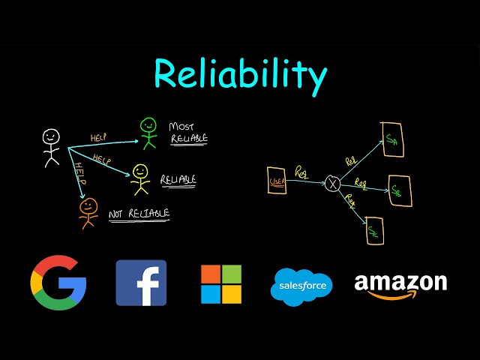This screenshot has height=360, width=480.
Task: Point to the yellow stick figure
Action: [140, 178]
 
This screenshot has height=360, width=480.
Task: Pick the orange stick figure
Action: [88, 211]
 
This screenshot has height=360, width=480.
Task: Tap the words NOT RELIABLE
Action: [139, 214]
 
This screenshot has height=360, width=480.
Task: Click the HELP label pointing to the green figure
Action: [99, 137]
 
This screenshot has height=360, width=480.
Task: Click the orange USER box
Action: [277, 181]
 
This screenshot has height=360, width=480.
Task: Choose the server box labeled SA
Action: [393, 139]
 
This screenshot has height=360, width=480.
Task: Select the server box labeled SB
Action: [400, 191]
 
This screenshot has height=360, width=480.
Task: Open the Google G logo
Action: [58, 283]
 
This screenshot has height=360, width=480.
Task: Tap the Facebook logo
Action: [141, 283]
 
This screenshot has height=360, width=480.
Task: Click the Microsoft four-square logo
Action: [221, 283]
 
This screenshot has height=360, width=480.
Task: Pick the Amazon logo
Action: [400, 285]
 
